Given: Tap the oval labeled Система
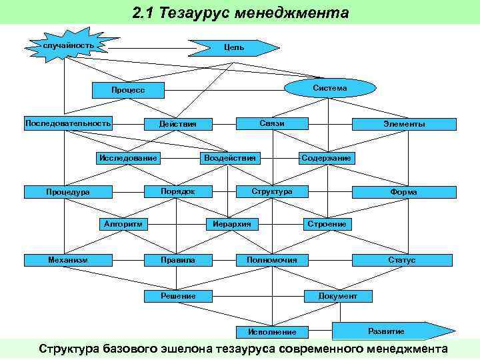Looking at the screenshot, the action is (329, 87).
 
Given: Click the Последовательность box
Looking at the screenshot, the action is (68, 123).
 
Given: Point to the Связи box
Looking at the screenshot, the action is (272, 123).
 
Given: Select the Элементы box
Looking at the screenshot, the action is (404, 124).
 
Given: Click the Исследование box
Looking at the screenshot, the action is (128, 158).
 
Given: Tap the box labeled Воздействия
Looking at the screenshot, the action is (231, 158).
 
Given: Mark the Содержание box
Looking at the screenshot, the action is (326, 158).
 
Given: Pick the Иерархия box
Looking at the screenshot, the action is (232, 224).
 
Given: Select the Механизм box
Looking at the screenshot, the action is (68, 259).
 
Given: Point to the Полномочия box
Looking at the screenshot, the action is (272, 259).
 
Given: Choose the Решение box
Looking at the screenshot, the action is (178, 295).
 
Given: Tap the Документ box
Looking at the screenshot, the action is (338, 295).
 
